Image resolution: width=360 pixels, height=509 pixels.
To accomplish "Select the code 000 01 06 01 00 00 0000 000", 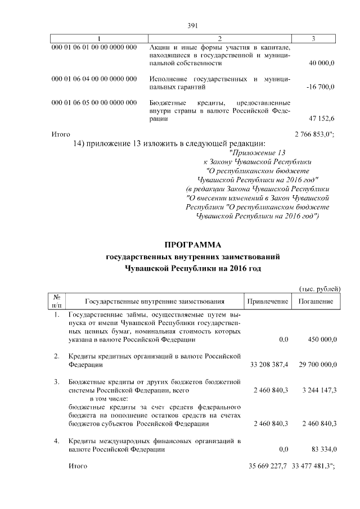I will click(x=94, y=47).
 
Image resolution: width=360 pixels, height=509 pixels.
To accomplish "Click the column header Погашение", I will click(x=314, y=302).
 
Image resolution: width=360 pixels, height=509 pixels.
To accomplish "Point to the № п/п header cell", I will click(x=57, y=301).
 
